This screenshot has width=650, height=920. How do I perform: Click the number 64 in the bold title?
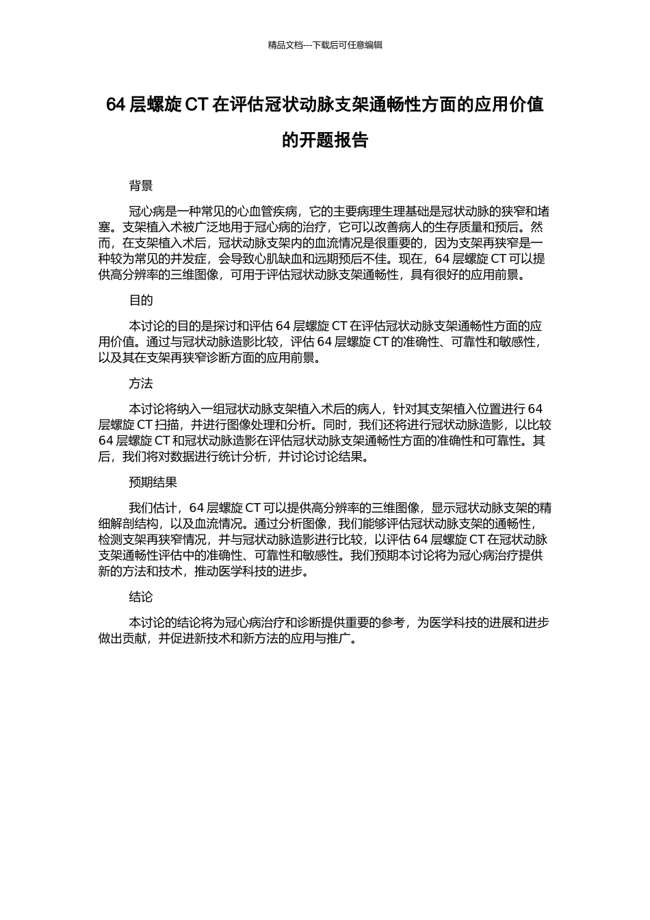click(x=116, y=105)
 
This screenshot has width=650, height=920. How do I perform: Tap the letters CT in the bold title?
click(x=197, y=105)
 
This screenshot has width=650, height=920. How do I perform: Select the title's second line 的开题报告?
click(x=325, y=140)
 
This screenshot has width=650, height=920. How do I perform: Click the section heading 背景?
click(x=141, y=186)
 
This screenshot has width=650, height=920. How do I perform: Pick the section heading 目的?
click(x=141, y=301)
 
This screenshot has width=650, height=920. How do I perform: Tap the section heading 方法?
click(x=141, y=383)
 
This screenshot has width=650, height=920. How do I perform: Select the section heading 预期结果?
click(x=153, y=482)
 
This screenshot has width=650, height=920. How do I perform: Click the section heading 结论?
click(x=141, y=597)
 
